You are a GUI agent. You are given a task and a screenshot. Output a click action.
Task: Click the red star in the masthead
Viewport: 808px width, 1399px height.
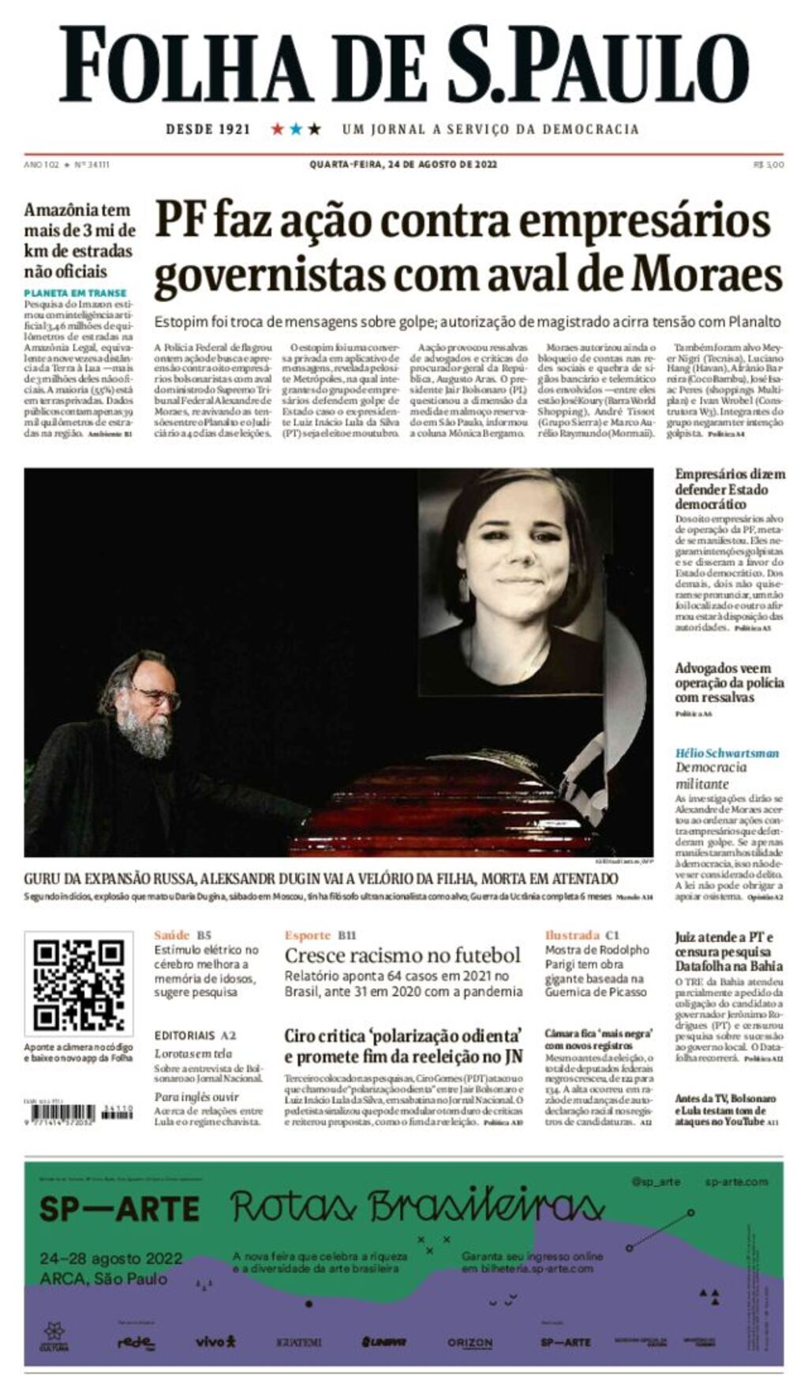277,129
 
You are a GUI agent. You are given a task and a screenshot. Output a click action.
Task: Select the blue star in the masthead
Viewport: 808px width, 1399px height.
296,129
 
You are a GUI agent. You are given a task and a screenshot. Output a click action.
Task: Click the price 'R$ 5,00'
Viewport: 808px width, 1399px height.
768,165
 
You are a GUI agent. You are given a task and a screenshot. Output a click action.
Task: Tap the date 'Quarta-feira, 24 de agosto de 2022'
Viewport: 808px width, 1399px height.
403,165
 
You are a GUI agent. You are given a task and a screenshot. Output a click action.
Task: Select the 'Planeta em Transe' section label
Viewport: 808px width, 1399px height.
75,293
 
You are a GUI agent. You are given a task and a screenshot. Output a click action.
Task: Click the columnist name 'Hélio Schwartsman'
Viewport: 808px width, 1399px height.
727,753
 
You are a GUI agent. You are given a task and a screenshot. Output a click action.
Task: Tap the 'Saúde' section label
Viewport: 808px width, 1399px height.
171,935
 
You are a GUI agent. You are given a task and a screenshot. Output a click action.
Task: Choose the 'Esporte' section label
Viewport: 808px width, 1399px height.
308,935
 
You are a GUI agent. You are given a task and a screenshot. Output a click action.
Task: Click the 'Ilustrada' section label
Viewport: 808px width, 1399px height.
572,935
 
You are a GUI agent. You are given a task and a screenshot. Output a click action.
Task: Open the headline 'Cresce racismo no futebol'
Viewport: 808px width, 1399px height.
402,956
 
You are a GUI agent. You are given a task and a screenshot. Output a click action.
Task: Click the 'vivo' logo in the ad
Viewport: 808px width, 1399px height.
215,1341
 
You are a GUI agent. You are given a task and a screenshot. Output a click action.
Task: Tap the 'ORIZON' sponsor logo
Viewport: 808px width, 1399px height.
469,1342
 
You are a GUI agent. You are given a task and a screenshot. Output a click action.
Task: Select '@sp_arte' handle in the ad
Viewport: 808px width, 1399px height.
656,1181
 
